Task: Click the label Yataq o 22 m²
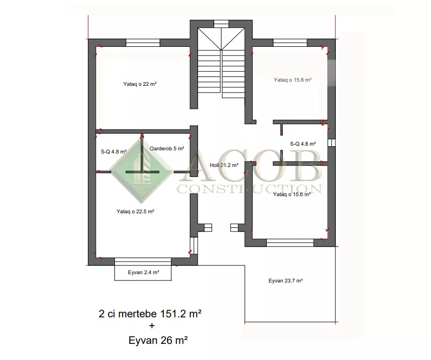140,84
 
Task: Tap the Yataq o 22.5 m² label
135,212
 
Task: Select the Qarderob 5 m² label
167,148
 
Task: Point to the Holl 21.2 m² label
224,165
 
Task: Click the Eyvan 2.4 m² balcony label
143,272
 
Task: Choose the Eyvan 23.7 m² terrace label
285,280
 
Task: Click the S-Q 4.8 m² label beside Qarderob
113,151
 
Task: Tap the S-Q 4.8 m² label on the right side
303,144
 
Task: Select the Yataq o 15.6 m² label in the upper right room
293,80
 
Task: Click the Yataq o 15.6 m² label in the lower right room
292,195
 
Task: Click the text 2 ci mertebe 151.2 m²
150,314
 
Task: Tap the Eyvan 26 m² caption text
158,340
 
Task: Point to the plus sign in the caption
152,326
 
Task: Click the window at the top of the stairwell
221,24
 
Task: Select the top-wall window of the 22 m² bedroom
143,43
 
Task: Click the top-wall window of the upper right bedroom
290,43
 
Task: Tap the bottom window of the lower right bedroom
290,242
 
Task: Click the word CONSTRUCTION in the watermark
250,189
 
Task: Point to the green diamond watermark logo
141,171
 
